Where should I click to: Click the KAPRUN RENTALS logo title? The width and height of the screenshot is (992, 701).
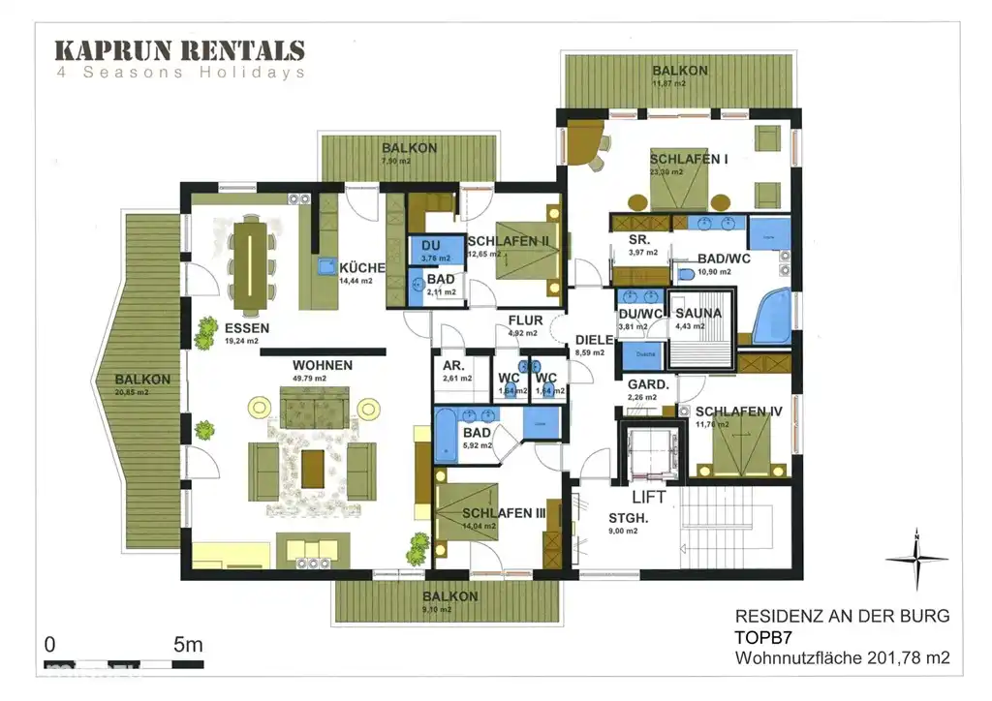(x=179, y=50)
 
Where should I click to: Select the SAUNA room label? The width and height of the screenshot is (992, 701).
(x=697, y=313)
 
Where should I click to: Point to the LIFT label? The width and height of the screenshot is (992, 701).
(x=649, y=496)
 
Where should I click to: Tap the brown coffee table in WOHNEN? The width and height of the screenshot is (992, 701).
(x=313, y=469)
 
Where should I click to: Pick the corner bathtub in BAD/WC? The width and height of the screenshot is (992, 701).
(x=771, y=315)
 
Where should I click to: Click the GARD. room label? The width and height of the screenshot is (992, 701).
(x=648, y=384)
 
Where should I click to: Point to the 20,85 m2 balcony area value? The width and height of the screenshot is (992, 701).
(x=134, y=393)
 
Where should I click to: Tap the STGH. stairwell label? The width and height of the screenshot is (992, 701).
(x=628, y=517)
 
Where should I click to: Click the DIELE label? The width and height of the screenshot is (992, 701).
(x=594, y=340)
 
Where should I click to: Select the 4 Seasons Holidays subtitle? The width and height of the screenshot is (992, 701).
(x=179, y=73)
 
